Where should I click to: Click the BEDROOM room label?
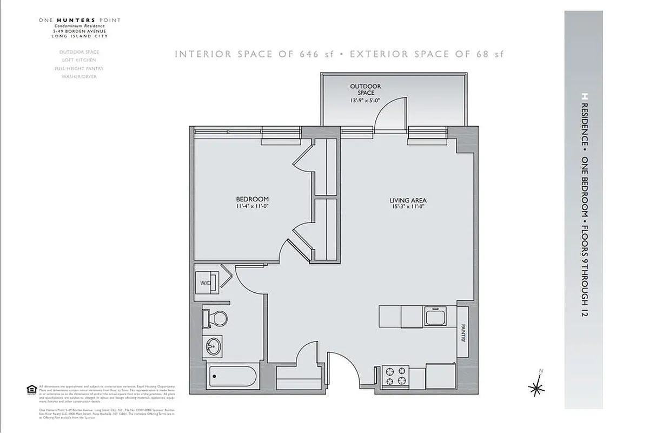click(252, 199)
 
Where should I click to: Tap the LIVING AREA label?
click(408, 200)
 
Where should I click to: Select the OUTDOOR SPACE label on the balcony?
click(365, 89)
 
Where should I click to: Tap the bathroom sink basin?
click(215, 345)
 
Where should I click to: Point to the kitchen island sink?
click(434, 317)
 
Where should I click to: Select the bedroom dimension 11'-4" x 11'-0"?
click(252, 207)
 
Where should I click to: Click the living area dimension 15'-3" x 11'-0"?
click(408, 207)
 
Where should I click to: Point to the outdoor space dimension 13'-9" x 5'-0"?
click(365, 101)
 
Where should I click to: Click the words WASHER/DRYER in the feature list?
click(79, 77)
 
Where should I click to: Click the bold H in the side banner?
click(584, 96)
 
